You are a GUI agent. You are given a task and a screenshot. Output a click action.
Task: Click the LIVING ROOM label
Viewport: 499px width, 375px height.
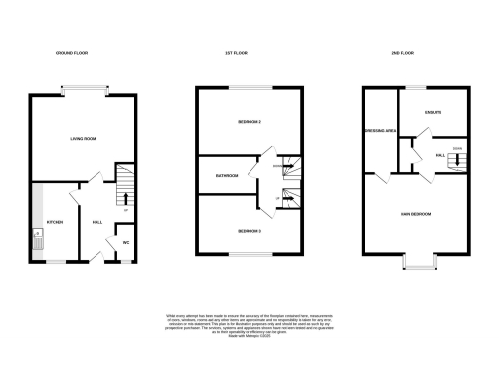(x=82, y=139)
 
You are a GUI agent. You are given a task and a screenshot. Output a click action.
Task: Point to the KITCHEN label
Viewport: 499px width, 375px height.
(x=56, y=222)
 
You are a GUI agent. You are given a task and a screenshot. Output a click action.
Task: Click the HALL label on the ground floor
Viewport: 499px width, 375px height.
(x=97, y=222)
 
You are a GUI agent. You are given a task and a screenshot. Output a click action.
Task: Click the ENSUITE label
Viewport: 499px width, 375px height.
(x=433, y=112)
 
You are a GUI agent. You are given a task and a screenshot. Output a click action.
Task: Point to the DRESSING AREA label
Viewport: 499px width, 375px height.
(x=378, y=130)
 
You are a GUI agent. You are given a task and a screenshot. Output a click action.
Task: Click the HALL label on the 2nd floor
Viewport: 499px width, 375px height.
(x=440, y=155)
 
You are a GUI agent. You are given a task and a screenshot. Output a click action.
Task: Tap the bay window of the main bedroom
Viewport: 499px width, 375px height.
(x=420, y=263)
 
